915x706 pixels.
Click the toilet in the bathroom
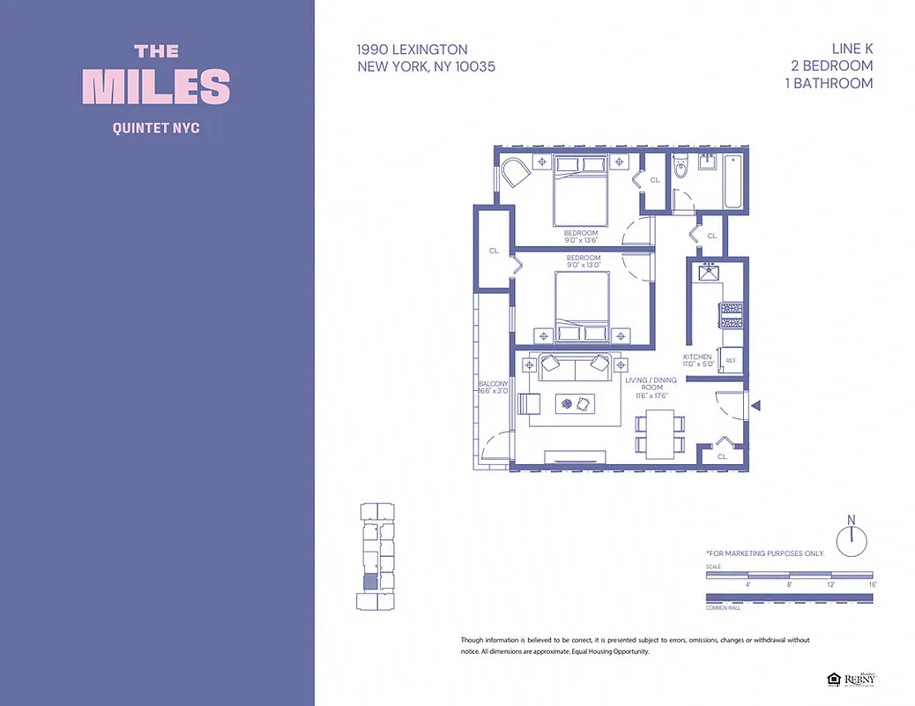680,169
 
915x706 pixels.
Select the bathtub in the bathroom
733,182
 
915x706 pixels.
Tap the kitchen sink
708,273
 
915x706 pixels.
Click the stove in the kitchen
732,316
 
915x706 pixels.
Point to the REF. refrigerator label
731,360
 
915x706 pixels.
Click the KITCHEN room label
696,357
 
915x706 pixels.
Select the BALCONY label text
494,384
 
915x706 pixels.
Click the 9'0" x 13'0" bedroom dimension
583,265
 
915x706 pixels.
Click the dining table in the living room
659,433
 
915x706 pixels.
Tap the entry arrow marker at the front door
755,405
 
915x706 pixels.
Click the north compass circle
852,539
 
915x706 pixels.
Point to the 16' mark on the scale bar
872,585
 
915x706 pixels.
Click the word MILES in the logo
157,86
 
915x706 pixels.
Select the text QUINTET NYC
157,128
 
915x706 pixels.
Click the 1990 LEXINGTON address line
413,50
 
